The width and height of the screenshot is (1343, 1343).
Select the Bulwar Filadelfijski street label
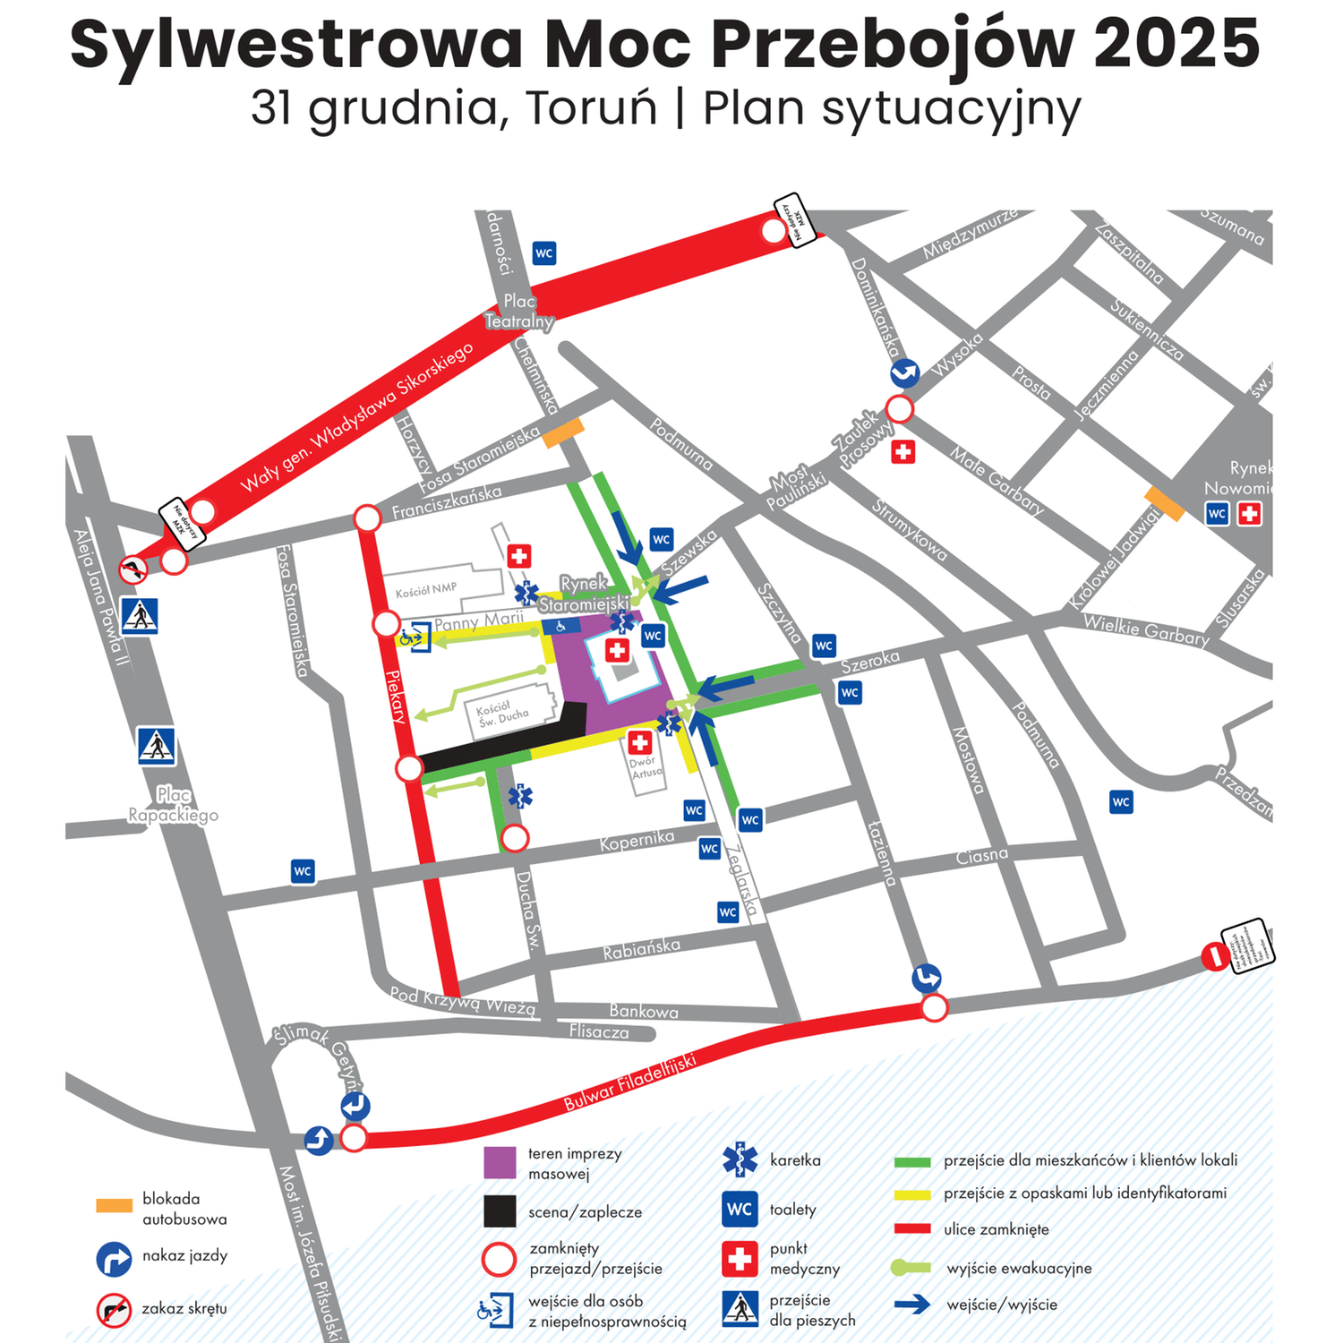[x=629, y=1082]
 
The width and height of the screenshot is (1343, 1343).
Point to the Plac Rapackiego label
[x=174, y=805]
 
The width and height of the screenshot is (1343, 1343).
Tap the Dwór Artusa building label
[x=646, y=767]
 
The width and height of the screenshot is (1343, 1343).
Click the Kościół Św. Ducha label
[x=501, y=713]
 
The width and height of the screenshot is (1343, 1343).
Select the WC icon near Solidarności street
[x=544, y=253]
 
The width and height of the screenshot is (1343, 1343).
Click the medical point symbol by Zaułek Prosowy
[x=903, y=452]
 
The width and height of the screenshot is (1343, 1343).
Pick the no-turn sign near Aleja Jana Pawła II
[x=133, y=569]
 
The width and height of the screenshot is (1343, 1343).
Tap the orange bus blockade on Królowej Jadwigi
[x=1165, y=504]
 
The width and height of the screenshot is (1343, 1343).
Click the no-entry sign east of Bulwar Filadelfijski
[x=1215, y=956]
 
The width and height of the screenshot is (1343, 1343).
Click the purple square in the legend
[x=500, y=1162]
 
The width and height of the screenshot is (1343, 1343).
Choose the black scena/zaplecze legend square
[x=500, y=1211]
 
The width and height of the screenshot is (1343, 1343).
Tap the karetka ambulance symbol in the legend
[x=740, y=1159]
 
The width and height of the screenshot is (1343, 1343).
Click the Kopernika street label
[x=637, y=841]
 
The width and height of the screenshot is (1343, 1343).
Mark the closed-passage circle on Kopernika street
[x=514, y=839]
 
